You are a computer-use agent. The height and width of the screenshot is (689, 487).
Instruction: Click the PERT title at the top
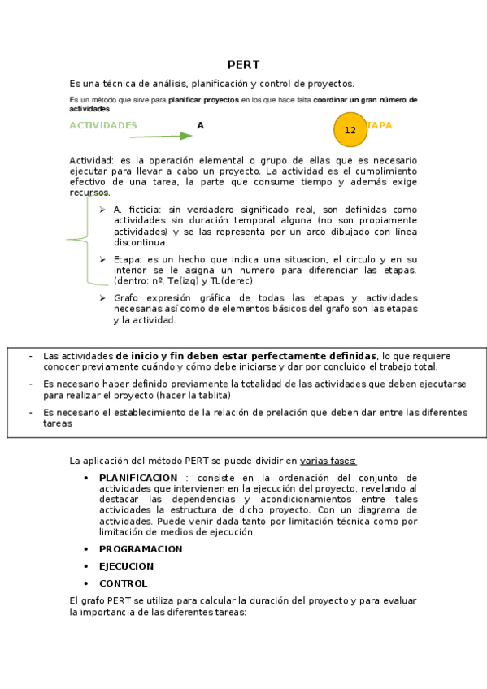243,65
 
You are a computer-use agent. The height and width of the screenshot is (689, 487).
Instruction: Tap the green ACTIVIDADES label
103,125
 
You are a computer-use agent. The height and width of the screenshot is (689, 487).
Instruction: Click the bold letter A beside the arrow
200,125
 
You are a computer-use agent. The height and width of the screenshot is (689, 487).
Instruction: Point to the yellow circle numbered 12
350,129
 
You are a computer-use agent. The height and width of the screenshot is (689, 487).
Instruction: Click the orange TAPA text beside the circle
380,125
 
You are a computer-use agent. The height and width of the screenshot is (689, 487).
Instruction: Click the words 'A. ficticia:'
137,209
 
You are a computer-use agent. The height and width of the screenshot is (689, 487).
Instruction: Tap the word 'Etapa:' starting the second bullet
128,259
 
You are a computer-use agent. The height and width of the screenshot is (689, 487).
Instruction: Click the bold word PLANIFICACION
138,478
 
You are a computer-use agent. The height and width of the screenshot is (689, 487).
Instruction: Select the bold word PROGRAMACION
141,549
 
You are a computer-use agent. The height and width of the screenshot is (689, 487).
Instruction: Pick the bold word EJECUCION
126,566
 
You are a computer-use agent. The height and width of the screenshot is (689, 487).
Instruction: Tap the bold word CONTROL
124,583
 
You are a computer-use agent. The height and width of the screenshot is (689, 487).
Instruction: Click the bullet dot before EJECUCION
85,565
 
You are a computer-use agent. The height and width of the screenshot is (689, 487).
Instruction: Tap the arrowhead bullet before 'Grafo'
102,297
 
